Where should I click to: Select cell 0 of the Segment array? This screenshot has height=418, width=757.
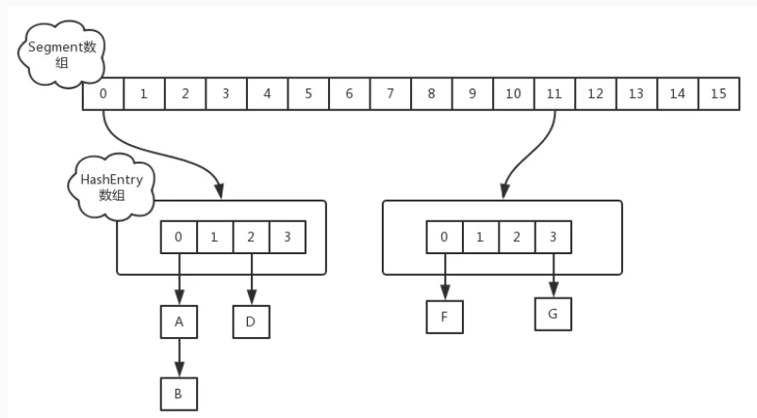(x=103, y=94)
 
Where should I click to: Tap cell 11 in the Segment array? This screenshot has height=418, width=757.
(x=554, y=94)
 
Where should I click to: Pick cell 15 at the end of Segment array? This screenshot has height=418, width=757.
(x=718, y=94)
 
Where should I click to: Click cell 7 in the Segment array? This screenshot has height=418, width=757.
(x=390, y=94)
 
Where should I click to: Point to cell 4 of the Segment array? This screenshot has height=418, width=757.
(x=267, y=94)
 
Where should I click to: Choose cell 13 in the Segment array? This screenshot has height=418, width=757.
(x=636, y=94)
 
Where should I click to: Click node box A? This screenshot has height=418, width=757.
(x=178, y=321)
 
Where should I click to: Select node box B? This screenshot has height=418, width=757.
(x=178, y=393)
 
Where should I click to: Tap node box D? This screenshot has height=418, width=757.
(x=252, y=321)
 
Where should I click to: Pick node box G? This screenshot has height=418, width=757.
(x=552, y=313)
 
